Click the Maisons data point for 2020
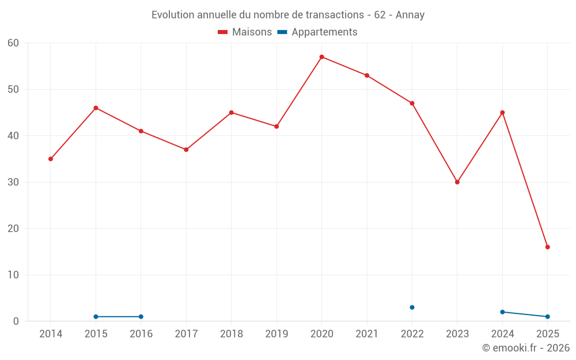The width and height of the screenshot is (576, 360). pos(321,57)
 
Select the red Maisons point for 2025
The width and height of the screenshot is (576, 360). pos(547,247)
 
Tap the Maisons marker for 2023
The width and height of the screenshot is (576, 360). pos(457,182)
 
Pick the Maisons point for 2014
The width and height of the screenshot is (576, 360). pos(51,159)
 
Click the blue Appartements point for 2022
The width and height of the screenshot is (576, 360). pos(412,308)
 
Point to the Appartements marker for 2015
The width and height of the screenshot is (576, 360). pos(96,317)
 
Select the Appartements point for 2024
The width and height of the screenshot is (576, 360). pos(502,312)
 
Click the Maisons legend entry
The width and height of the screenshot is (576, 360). pos(245,32)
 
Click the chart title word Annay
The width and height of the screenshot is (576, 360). pos(410,15)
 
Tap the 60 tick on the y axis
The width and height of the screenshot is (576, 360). pos(13,43)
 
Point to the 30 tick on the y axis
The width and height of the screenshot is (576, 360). pos(13,183)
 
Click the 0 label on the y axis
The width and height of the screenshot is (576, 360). pos(16,321)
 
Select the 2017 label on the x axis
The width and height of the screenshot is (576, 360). pos(186,334)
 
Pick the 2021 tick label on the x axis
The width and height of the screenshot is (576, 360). pos(367,334)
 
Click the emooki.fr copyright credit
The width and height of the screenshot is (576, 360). pos(525,348)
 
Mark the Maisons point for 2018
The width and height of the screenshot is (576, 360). pos(231,113)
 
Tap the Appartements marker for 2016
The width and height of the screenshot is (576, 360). pos(141,317)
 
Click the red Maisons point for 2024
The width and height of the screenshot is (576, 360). pos(502,113)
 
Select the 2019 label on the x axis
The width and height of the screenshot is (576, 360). pos(276,334)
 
